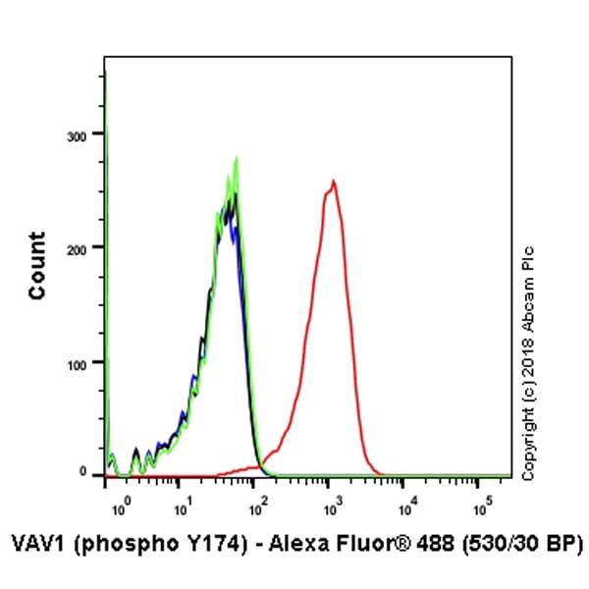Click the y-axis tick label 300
coord(85,134)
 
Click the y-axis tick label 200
coord(85,247)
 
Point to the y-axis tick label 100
coord(85,361)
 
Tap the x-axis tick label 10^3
coord(333,508)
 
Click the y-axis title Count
coord(37,265)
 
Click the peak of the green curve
coord(237,158)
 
